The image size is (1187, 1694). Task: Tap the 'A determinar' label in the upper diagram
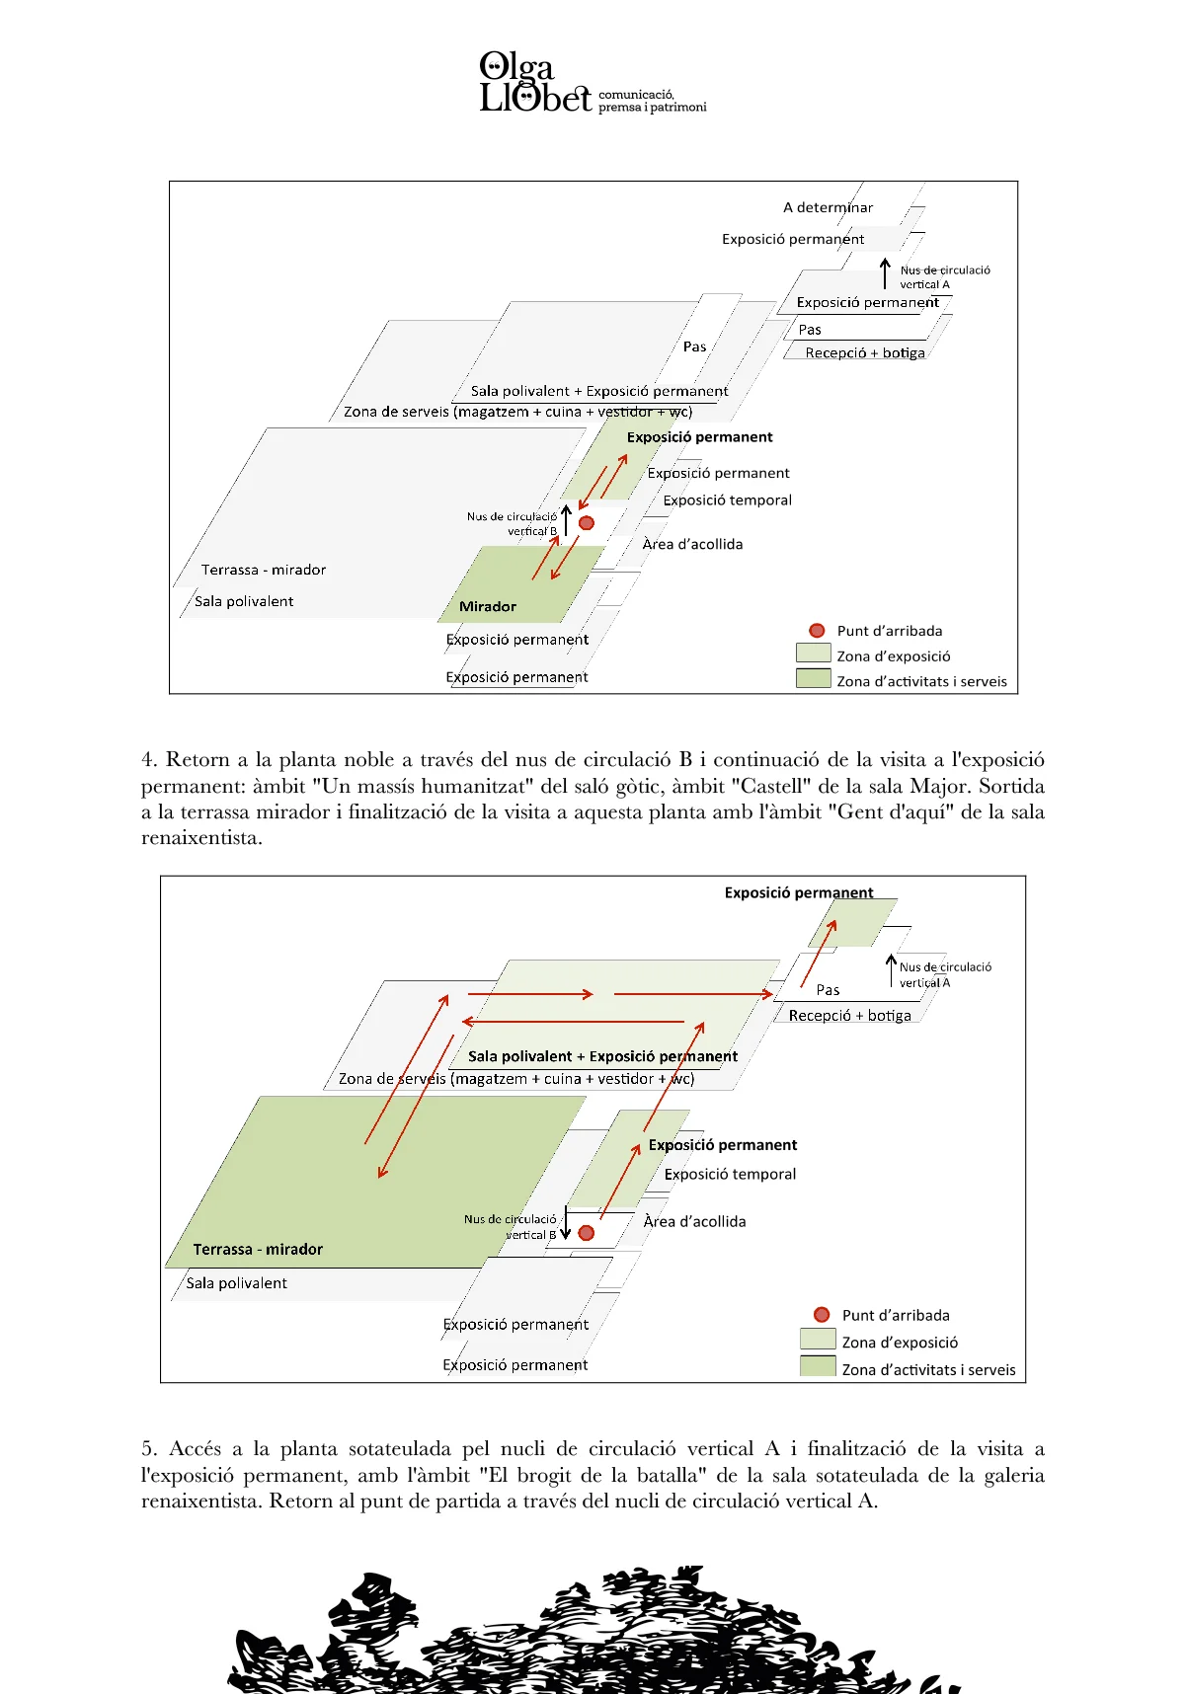click(828, 207)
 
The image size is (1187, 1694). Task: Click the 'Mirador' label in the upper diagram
click(488, 606)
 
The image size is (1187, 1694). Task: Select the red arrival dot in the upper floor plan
click(587, 523)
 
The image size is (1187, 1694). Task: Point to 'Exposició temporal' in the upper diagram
click(727, 500)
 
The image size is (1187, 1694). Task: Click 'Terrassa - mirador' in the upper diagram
click(263, 570)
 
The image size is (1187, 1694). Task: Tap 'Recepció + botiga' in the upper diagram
click(864, 352)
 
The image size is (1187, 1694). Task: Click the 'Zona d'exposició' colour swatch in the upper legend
click(813, 653)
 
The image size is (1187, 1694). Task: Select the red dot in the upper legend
click(817, 630)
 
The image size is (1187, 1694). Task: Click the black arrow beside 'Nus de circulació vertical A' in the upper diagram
click(886, 273)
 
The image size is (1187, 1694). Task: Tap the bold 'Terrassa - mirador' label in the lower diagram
click(258, 1249)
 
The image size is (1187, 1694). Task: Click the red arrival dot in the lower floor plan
click(587, 1233)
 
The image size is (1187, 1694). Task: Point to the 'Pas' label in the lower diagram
click(828, 989)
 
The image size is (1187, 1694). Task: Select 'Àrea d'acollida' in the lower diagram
click(694, 1221)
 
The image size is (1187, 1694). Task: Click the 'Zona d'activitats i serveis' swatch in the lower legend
click(817, 1366)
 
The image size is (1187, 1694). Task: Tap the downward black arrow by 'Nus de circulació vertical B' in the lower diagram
click(566, 1222)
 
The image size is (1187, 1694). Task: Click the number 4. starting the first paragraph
click(149, 760)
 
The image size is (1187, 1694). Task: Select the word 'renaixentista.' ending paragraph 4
click(201, 838)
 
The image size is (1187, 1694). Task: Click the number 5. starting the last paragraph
click(149, 1449)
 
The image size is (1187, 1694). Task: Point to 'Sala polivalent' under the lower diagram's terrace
click(237, 1283)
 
